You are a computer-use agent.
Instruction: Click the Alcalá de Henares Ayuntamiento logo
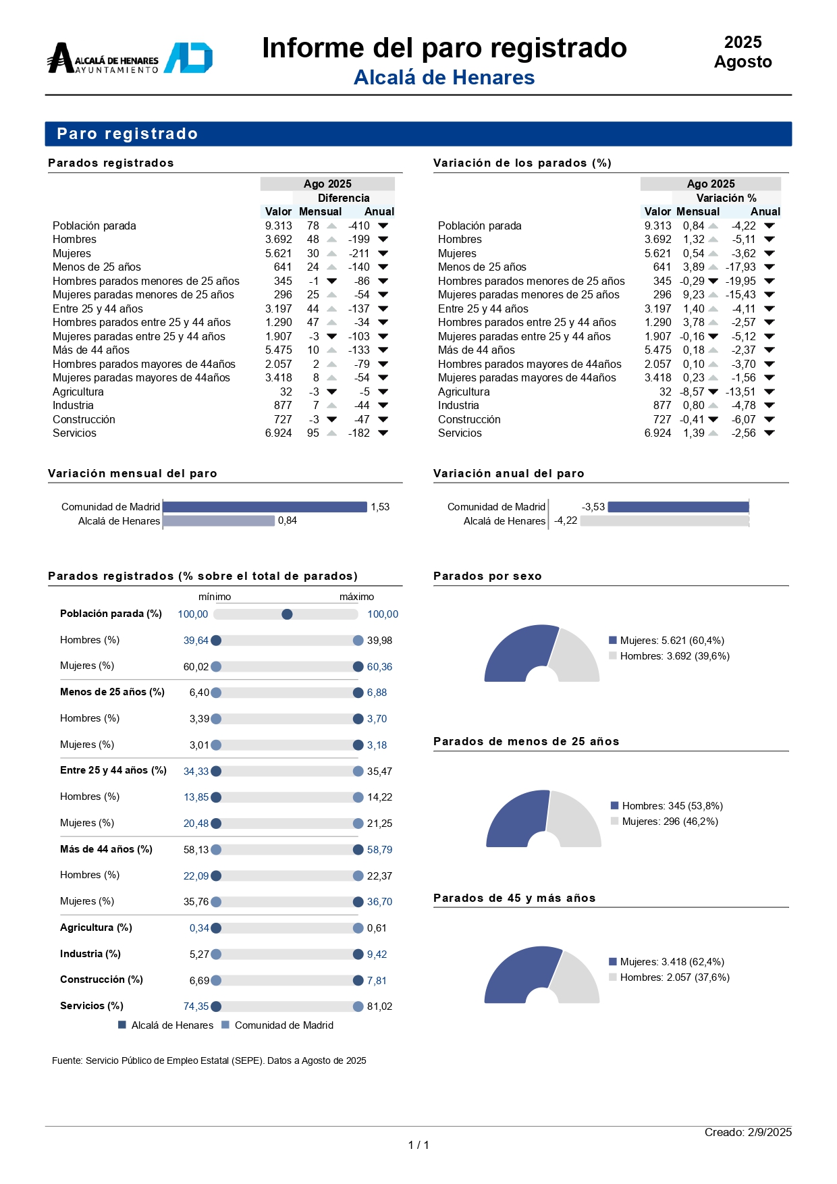coord(130,58)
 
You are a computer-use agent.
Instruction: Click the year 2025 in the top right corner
coord(742,43)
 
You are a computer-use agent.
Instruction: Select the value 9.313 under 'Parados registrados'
coord(278,225)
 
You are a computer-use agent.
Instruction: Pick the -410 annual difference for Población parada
coord(359,225)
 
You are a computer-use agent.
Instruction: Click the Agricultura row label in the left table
coord(78,392)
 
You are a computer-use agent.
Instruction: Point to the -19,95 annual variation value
coord(740,281)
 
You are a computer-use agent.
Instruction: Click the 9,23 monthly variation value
coord(693,294)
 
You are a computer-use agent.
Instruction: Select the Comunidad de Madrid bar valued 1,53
coord(265,507)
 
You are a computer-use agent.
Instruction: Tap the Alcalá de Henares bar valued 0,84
coord(219,521)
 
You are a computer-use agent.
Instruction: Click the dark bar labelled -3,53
coord(678,507)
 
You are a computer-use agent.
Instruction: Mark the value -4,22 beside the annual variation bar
coord(566,520)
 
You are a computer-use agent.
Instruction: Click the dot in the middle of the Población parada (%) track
coord(287,614)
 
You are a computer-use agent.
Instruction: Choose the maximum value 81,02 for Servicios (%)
coord(379,1006)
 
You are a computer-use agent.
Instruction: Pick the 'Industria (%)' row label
coord(90,954)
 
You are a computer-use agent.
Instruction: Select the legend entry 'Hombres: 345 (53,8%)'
coord(667,806)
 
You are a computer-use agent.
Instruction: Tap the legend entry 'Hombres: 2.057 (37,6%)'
coord(670,977)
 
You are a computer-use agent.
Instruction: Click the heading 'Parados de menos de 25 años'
coord(526,741)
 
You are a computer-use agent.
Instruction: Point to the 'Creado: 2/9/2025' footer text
coord(748,1132)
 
